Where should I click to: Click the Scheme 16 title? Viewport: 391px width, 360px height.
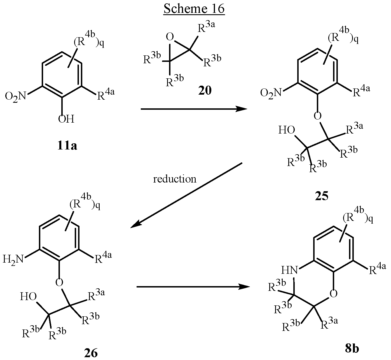pyautogui.click(x=194, y=9)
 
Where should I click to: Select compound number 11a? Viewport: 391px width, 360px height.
pyautogui.click(x=67, y=146)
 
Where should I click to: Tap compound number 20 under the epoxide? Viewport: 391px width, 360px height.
pyautogui.click(x=205, y=91)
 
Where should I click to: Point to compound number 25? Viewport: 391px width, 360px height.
pyautogui.click(x=322, y=196)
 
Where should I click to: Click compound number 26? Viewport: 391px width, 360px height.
pyautogui.click(x=91, y=353)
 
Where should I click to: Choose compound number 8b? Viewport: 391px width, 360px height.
pyautogui.click(x=352, y=349)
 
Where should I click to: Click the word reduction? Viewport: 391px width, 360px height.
pyautogui.click(x=175, y=179)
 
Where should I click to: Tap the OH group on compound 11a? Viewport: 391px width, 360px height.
pyautogui.click(x=66, y=119)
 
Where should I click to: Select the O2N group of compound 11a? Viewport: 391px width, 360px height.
pyautogui.click(x=16, y=96)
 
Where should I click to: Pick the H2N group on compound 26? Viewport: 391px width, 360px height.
pyautogui.click(x=13, y=260)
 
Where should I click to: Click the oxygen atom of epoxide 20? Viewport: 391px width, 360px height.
pyautogui.click(x=170, y=37)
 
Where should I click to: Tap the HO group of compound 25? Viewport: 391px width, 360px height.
pyautogui.click(x=287, y=130)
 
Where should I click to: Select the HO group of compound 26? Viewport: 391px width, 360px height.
pyautogui.click(x=28, y=296)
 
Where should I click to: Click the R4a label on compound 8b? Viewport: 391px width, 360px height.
pyautogui.click(x=378, y=269)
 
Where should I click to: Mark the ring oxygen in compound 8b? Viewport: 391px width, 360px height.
pyautogui.click(x=334, y=293)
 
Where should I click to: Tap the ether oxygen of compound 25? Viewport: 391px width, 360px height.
pyautogui.click(x=318, y=116)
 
